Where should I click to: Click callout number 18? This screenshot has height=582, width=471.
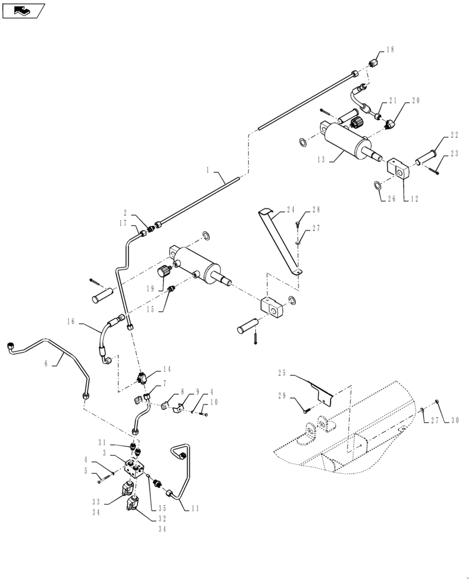pyautogui.click(x=390, y=49)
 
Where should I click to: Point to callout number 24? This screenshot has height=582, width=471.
pyautogui.click(x=290, y=210)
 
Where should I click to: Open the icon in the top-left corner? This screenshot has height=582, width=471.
pyautogui.click(x=24, y=10)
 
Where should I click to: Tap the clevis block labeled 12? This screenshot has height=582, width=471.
pyautogui.click(x=398, y=168)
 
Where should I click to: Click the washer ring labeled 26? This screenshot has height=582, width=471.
pyautogui.click(x=377, y=186)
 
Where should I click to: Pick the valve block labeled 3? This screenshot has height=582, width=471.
pyautogui.click(x=135, y=466)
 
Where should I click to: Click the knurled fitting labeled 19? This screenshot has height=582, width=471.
pyautogui.click(x=164, y=271)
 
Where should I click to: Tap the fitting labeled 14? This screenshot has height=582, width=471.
pyautogui.click(x=142, y=378)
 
